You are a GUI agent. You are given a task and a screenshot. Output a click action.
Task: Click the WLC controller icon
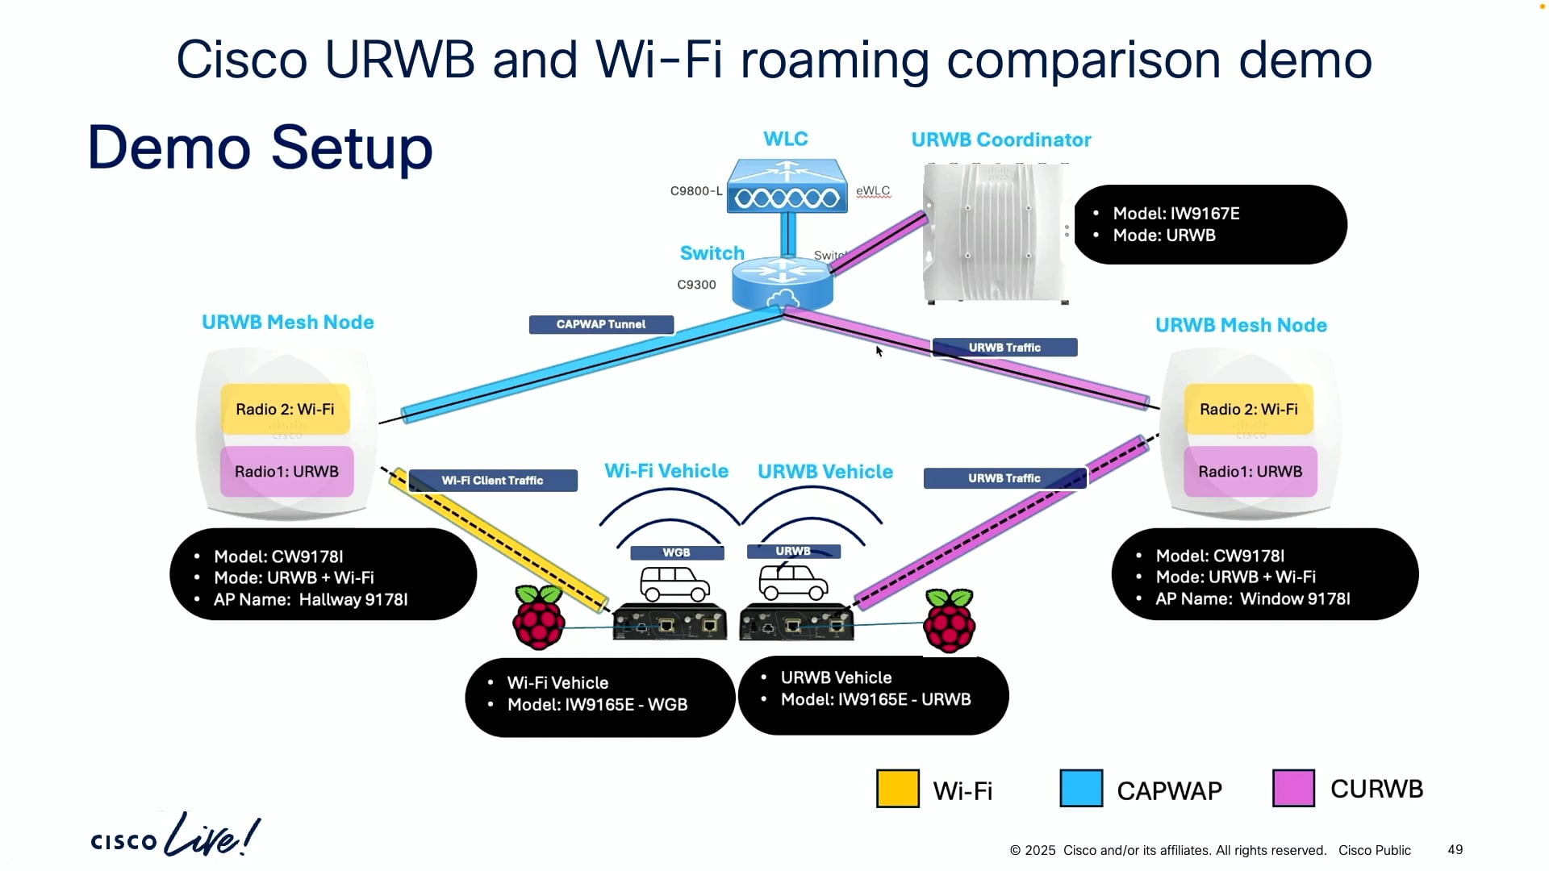(x=787, y=186)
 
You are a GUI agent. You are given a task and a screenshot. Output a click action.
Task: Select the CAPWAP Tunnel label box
(x=601, y=324)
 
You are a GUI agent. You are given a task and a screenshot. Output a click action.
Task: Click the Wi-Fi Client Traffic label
(x=492, y=481)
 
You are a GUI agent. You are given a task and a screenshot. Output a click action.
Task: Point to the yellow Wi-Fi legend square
(x=897, y=789)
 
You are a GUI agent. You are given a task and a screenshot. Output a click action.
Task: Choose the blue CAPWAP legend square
(x=1080, y=789)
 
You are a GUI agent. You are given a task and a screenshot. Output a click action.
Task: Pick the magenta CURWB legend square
(x=1292, y=789)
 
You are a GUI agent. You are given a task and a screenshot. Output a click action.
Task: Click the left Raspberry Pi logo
(x=539, y=618)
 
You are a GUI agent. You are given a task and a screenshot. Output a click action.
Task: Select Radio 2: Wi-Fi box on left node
(x=285, y=409)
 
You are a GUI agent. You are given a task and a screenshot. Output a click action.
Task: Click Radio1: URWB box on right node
(x=1250, y=472)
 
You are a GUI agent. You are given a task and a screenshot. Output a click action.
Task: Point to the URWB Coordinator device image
(x=996, y=233)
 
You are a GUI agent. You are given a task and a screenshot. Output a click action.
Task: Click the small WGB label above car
(x=676, y=552)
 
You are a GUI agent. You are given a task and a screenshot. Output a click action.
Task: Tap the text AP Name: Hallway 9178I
(x=311, y=599)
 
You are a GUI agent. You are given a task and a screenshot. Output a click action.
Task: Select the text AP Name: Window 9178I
(x=1252, y=598)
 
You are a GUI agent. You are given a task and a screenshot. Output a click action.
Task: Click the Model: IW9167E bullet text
(x=1175, y=214)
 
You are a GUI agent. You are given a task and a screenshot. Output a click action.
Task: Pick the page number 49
(x=1455, y=849)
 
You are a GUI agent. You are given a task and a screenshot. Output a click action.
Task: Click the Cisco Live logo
(x=175, y=836)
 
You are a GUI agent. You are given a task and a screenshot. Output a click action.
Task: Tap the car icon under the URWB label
(x=793, y=582)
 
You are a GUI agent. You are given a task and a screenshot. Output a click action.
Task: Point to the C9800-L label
(x=695, y=191)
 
